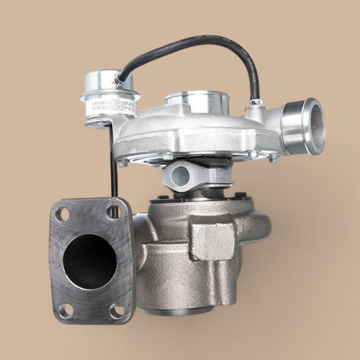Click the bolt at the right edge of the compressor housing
273,157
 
